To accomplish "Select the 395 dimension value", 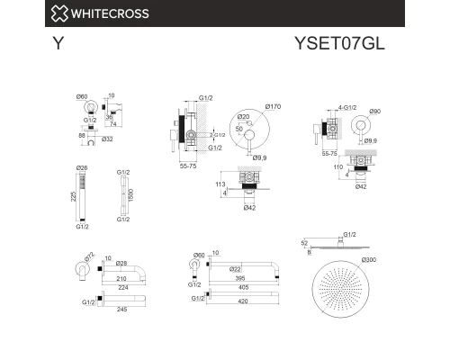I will point(237,278).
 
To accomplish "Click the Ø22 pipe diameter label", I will point(234,268).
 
